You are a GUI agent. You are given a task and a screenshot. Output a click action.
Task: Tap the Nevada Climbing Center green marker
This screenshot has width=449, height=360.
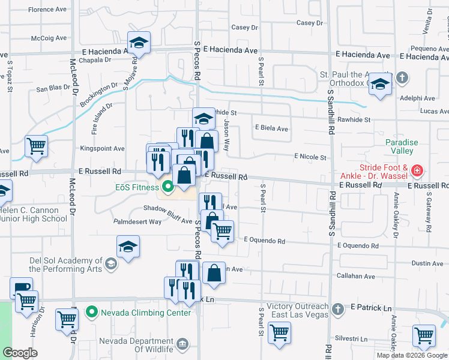(91, 312)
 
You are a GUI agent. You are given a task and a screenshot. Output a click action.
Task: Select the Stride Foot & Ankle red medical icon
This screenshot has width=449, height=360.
(417, 172)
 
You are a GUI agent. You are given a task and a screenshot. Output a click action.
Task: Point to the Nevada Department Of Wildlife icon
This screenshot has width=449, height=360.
(183, 344)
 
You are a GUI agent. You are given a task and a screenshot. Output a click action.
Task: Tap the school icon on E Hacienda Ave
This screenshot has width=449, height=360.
(139, 43)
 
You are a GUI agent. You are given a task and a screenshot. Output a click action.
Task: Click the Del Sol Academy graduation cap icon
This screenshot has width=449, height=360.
(110, 263)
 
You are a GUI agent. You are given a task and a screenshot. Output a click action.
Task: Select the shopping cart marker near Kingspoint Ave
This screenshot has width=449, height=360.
(36, 145)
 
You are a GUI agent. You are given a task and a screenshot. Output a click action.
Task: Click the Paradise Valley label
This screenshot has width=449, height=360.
(402, 146)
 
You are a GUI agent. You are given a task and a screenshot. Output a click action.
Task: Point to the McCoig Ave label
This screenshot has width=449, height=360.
(49, 38)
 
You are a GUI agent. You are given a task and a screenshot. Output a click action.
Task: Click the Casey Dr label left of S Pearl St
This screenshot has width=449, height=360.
(244, 28)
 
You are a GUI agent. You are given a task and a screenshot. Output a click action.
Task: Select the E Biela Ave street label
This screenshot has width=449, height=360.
(271, 128)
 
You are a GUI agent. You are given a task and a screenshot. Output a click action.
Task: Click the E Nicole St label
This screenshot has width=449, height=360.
(310, 157)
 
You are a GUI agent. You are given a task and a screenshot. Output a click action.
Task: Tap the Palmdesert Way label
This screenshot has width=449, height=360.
(138, 221)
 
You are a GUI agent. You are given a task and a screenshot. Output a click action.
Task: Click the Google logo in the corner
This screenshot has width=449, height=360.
(20, 353)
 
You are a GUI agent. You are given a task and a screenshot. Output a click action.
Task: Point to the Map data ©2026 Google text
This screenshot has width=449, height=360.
(411, 355)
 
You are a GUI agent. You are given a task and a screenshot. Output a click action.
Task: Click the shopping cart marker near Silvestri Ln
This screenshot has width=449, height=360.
(424, 335)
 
